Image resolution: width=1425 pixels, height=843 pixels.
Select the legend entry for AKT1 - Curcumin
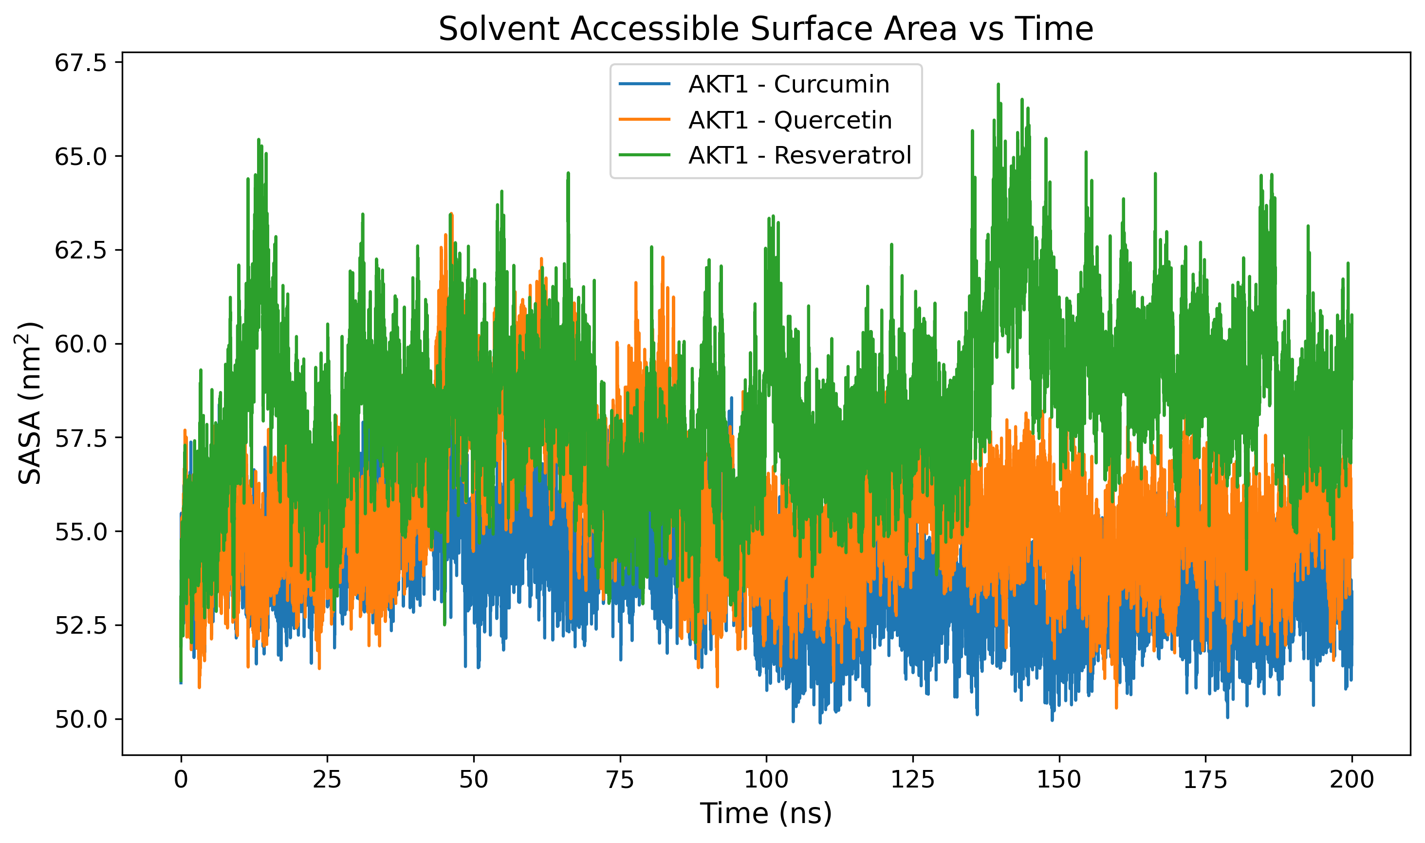click(788, 84)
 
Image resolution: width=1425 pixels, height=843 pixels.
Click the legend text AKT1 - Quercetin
click(789, 120)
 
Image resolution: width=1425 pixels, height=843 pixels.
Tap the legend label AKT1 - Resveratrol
click(799, 155)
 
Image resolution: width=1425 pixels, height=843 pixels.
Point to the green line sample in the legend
click(644, 155)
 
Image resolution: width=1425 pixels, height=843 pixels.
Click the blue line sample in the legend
click(644, 84)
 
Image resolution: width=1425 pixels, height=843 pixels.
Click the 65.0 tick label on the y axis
click(81, 157)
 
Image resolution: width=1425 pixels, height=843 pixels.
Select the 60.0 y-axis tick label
click(81, 344)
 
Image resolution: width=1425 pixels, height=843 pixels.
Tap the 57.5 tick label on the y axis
click(81, 438)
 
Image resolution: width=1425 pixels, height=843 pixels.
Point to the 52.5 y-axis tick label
click(81, 625)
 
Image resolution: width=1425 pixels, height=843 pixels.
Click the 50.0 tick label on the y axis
click(81, 719)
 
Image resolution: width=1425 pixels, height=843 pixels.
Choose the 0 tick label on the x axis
click(181, 779)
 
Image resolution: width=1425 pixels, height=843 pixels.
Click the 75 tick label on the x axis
click(619, 779)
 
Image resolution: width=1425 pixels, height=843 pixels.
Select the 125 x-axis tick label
click(912, 779)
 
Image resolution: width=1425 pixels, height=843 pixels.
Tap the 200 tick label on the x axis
click(1351, 779)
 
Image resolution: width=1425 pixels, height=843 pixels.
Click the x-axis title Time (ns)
click(765, 813)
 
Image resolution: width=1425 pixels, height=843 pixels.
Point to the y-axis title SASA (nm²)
click(30, 403)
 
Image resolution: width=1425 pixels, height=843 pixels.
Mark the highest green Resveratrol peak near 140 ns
click(998, 85)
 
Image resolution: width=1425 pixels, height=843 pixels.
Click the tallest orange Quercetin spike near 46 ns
click(450, 215)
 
